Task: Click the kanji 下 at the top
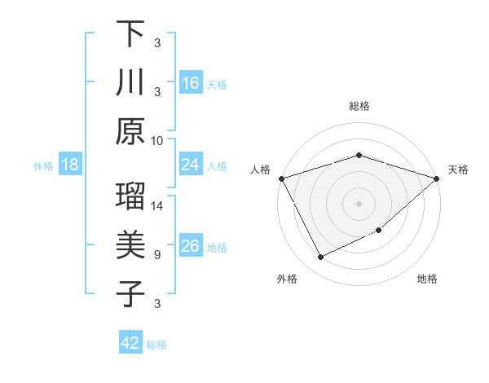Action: [130, 35]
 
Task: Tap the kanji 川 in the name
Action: [130, 82]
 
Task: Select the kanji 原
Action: [130, 130]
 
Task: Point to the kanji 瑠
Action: [130, 198]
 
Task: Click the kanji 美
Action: [130, 245]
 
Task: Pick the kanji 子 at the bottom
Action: [130, 293]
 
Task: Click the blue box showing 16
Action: [191, 83]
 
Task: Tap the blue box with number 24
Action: [191, 165]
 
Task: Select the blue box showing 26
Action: [191, 247]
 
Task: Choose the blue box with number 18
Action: [70, 165]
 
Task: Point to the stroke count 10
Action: [157, 139]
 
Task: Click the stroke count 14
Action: [157, 207]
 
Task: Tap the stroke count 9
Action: [157, 255]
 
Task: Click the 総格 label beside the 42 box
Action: [156, 345]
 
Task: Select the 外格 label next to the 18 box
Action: [43, 166]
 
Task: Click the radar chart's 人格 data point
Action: [281, 178]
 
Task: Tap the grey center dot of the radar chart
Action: [359, 203]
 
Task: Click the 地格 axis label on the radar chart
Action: [427, 279]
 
